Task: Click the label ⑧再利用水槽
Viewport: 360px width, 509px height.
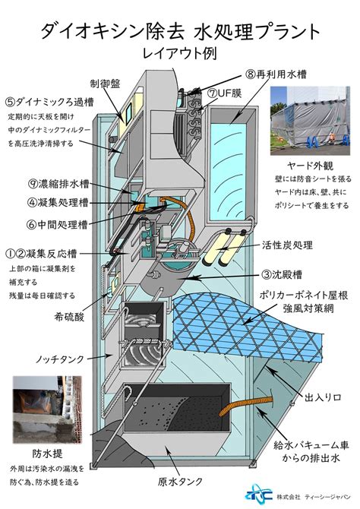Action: coord(276,74)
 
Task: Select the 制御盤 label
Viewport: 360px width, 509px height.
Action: coord(105,84)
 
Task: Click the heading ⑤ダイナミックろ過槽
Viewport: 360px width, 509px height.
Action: coord(49,103)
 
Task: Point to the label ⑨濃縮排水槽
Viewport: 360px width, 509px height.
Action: coord(58,184)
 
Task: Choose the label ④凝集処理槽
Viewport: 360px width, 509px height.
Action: coord(58,203)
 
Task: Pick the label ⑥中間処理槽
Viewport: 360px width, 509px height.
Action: coord(57,224)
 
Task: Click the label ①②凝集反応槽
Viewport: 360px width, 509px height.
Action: coord(41,254)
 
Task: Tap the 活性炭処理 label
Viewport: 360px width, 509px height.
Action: coord(287,245)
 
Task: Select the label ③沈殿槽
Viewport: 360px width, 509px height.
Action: coord(282,274)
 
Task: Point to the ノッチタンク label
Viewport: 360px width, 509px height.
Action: coord(60,359)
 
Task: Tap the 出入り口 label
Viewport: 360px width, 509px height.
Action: coord(323,397)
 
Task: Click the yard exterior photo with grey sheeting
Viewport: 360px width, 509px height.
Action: coord(310,121)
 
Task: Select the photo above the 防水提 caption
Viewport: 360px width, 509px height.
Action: coord(47,409)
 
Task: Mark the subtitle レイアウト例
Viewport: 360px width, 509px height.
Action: coord(180,53)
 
